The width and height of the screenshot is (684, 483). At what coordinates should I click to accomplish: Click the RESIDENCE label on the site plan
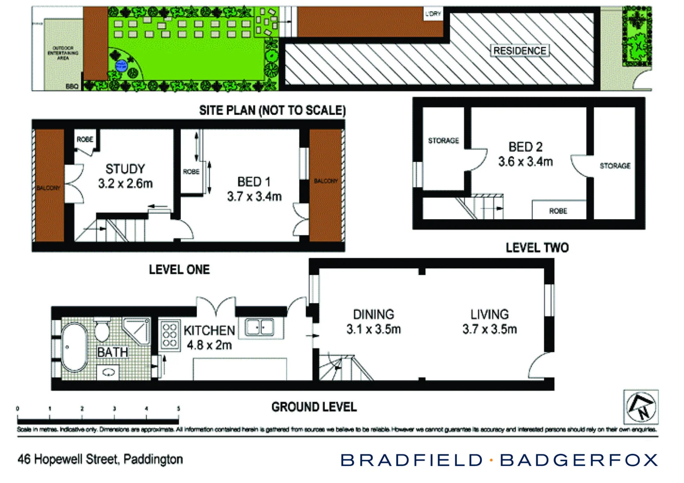[x=519, y=51]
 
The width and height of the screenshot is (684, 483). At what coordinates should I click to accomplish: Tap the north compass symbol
[x=641, y=407]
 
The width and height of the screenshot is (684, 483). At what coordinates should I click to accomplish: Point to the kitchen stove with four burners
[x=170, y=335]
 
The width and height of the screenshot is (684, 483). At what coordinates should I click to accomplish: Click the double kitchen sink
[x=259, y=327]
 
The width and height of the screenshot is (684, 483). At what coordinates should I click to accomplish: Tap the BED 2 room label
[x=525, y=147]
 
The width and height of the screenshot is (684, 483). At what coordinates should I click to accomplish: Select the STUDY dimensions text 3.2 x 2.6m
[x=125, y=183]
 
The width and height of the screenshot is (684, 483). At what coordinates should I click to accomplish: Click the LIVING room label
[x=489, y=314]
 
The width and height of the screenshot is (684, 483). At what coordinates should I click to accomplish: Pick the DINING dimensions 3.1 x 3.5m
[x=374, y=330]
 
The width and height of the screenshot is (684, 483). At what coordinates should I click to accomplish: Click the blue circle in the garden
[x=121, y=66]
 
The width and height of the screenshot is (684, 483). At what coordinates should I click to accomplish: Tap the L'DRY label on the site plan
[x=433, y=14]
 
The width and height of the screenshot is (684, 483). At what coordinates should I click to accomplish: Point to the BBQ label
[x=72, y=86]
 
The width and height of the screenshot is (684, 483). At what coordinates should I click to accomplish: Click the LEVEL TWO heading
[x=537, y=248]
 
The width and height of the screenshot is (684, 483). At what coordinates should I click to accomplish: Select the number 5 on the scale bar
[x=178, y=408]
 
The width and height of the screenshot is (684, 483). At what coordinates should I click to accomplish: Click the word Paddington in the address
[x=153, y=459]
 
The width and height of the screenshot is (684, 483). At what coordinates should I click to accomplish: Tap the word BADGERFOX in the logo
[x=579, y=460]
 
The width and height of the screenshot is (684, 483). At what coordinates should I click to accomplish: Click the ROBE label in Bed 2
[x=558, y=211]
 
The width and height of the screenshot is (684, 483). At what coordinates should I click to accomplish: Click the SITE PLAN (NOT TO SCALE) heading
[x=272, y=110]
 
